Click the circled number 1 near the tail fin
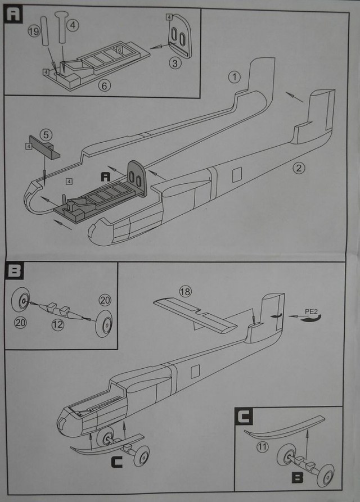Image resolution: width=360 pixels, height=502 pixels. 234,76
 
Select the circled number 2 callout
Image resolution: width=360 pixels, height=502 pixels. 299,167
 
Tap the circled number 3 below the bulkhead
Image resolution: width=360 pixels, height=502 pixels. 176,64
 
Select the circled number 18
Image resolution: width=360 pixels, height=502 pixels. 185,291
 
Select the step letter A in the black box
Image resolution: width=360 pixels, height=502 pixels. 12,13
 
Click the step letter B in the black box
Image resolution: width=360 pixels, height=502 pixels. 12,272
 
